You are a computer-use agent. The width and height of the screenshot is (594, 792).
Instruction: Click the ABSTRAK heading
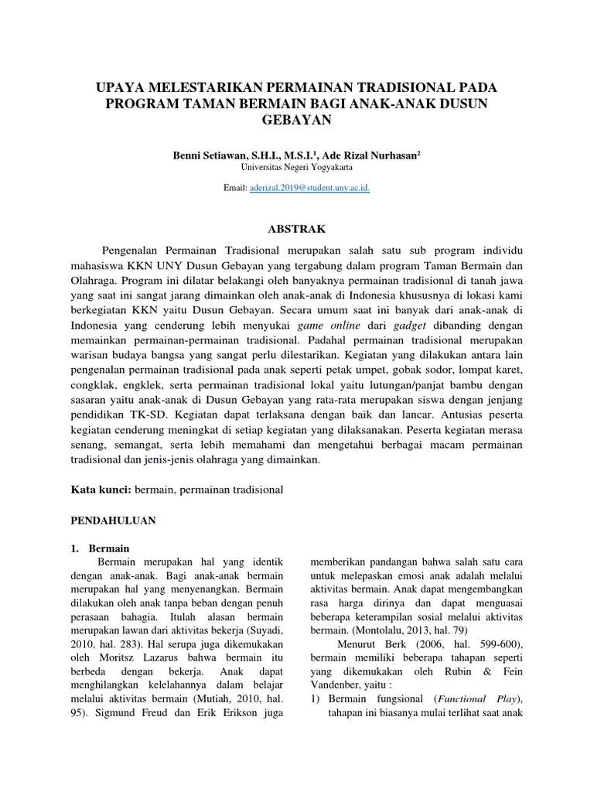tap(296, 229)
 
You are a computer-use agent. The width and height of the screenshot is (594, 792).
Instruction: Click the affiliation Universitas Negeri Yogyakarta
tap(296, 166)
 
